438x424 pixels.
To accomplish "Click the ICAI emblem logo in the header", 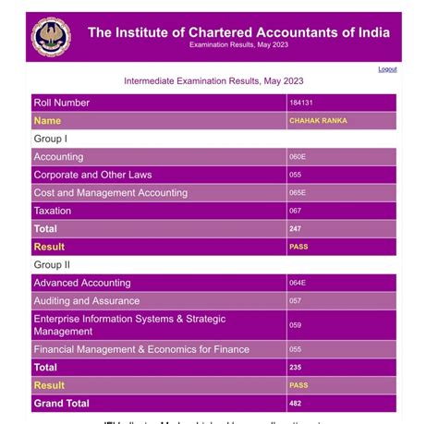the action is pyautogui.click(x=51, y=37).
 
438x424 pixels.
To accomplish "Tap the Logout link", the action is pyautogui.click(x=387, y=69).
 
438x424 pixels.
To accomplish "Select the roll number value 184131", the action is pyautogui.click(x=298, y=103).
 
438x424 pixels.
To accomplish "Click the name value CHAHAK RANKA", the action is pyautogui.click(x=318, y=121).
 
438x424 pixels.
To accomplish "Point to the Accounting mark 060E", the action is pyautogui.click(x=298, y=157).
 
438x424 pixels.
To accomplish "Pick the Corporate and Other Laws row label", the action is pyautogui.click(x=92, y=175).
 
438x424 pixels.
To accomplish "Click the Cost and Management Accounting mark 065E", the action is pyautogui.click(x=298, y=193).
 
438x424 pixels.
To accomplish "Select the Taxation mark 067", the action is pyautogui.click(x=296, y=211).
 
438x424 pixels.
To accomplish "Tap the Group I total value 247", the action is pyautogui.click(x=296, y=229).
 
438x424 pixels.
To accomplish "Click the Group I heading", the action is pyautogui.click(x=51, y=139).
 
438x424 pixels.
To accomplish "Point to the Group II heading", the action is pyautogui.click(x=53, y=265).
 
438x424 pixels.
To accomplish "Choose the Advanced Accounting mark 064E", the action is pyautogui.click(x=298, y=283).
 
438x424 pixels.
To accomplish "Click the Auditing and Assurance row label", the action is pyautogui.click(x=87, y=301).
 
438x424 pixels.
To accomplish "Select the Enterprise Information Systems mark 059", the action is pyautogui.click(x=296, y=325).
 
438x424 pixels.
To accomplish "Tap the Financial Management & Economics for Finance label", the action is pyautogui.click(x=141, y=349).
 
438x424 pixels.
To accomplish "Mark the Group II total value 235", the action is pyautogui.click(x=296, y=368).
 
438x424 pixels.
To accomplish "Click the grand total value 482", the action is pyautogui.click(x=296, y=404).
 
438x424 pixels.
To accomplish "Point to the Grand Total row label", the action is pyautogui.click(x=61, y=404).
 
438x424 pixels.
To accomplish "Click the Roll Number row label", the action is pyautogui.click(x=61, y=103).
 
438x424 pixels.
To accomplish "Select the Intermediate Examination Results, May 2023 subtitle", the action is pyautogui.click(x=213, y=81).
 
